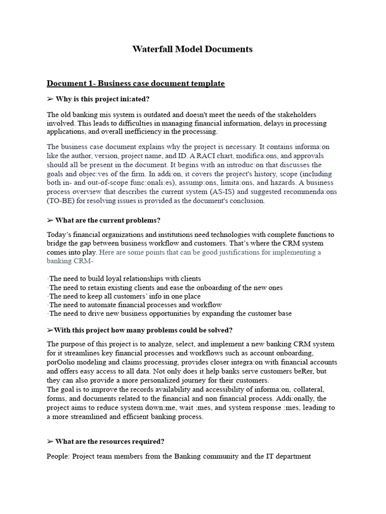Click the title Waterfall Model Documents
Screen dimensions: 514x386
click(x=192, y=49)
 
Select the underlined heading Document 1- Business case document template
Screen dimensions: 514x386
click(x=136, y=83)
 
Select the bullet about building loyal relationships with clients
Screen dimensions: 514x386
click(x=124, y=279)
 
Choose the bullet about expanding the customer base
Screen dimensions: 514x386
click(x=170, y=314)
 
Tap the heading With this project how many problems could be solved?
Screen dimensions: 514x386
click(x=139, y=330)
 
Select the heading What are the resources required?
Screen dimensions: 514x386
click(x=105, y=442)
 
